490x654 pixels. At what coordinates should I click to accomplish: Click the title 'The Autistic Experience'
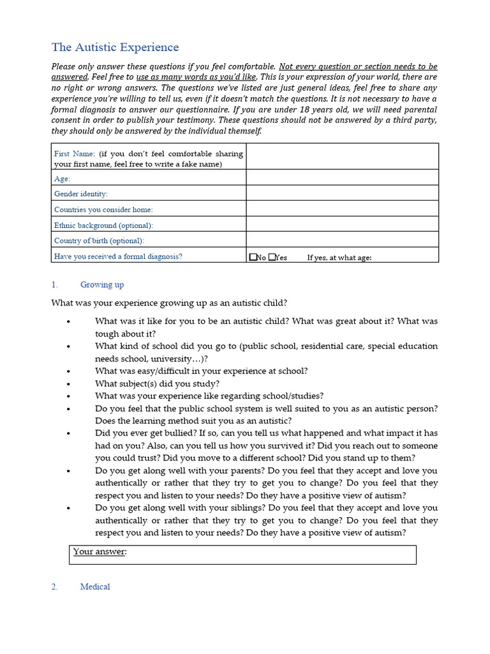click(x=115, y=47)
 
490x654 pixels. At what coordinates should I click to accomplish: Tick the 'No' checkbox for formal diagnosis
click(x=253, y=257)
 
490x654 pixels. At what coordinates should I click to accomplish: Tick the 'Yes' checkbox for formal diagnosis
click(x=272, y=257)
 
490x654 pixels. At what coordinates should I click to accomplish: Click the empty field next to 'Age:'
click(x=342, y=178)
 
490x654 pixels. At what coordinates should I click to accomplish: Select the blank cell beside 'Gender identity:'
click(x=342, y=193)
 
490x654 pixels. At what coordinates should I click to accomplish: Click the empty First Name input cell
click(x=342, y=156)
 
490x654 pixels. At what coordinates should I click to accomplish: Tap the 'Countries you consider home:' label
click(x=103, y=209)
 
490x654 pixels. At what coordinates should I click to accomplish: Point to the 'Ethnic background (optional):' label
click(x=103, y=225)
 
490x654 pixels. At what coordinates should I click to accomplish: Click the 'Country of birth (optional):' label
click(x=99, y=241)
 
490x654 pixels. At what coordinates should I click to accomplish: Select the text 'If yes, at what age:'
click(x=339, y=257)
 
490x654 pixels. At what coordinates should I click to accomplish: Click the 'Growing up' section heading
click(x=101, y=285)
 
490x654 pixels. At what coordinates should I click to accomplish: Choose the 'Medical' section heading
click(x=95, y=586)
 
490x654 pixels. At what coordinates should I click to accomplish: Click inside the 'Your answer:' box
click(x=242, y=554)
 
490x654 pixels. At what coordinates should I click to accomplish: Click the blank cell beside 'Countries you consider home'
click(x=342, y=209)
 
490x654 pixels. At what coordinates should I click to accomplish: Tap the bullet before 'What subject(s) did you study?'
click(x=68, y=384)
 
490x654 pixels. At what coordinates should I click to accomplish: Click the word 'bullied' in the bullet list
click(x=170, y=433)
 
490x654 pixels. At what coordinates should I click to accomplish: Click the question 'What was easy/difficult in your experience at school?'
click(x=201, y=371)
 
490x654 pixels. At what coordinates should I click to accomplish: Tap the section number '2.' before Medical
click(x=55, y=586)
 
